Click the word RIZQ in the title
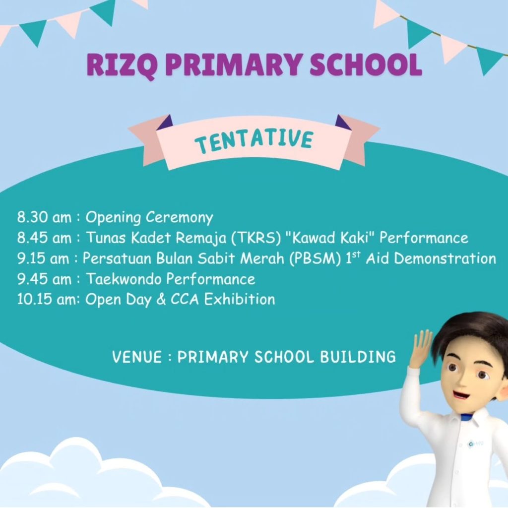pos(123,64)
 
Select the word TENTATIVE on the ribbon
pos(254,140)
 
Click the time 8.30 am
pos(44,217)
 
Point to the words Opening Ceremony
pos(149,218)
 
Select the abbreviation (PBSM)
pos(315,258)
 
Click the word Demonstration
pos(445,258)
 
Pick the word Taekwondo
pos(124,279)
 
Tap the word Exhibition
pos(240,299)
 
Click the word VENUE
pos(137,357)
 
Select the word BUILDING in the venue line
pos(358,357)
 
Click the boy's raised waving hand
pos(421,349)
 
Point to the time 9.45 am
pos(44,279)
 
